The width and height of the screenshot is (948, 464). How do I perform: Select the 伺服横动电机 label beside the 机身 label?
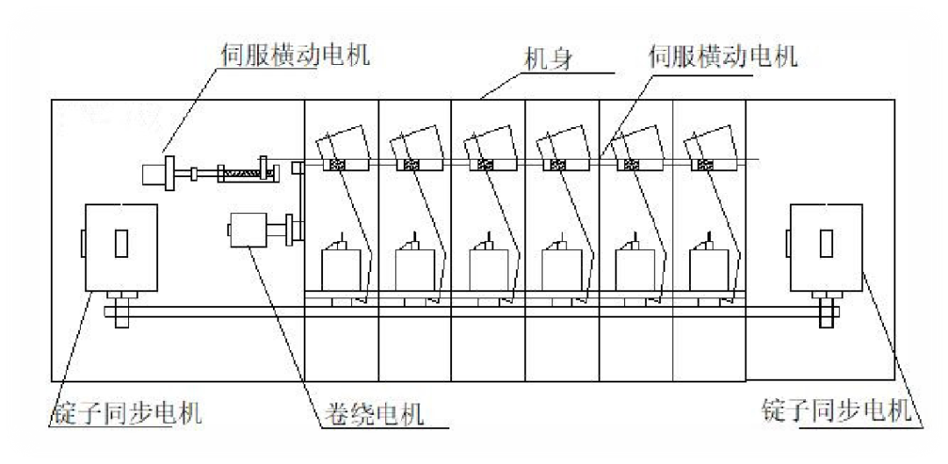pyautogui.click(x=722, y=58)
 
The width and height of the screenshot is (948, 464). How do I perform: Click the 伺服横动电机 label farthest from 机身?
pyautogui.click(x=294, y=54)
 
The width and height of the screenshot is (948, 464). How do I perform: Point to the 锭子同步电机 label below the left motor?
pyautogui.click(x=126, y=410)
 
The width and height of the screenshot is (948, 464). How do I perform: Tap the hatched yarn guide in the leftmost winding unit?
pyautogui.click(x=336, y=165)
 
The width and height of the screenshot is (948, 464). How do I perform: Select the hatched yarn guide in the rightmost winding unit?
pyautogui.click(x=704, y=165)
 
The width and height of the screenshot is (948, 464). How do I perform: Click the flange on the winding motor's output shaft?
pyautogui.click(x=290, y=232)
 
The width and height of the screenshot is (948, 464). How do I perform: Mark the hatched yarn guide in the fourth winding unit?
pyautogui.click(x=557, y=165)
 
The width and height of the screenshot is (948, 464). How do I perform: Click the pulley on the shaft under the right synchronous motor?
pyautogui.click(x=828, y=311)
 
